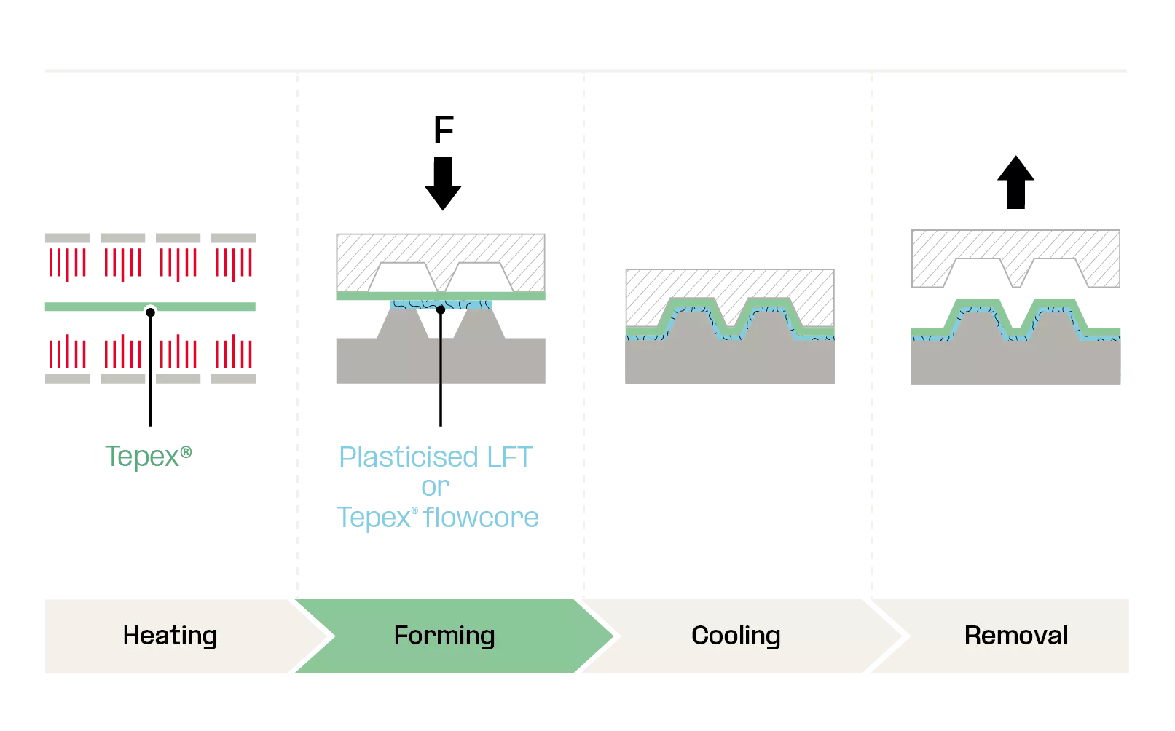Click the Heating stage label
point(170,636)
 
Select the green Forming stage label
point(444,636)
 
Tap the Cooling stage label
point(735,636)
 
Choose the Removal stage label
point(1015,636)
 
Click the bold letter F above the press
point(442,128)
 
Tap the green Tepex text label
point(149,456)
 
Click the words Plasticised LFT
point(436,458)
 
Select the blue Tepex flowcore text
point(438,518)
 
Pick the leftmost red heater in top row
point(67,263)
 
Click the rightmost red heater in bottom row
point(235,354)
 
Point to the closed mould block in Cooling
point(731,361)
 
